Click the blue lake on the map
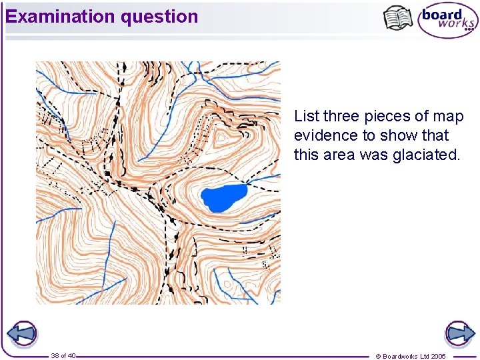223,197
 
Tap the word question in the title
159,17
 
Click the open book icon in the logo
398,18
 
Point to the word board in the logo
443,13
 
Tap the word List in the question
306,117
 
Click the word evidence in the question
323,135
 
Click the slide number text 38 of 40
63,355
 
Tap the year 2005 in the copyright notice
456,356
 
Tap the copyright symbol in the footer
378,356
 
